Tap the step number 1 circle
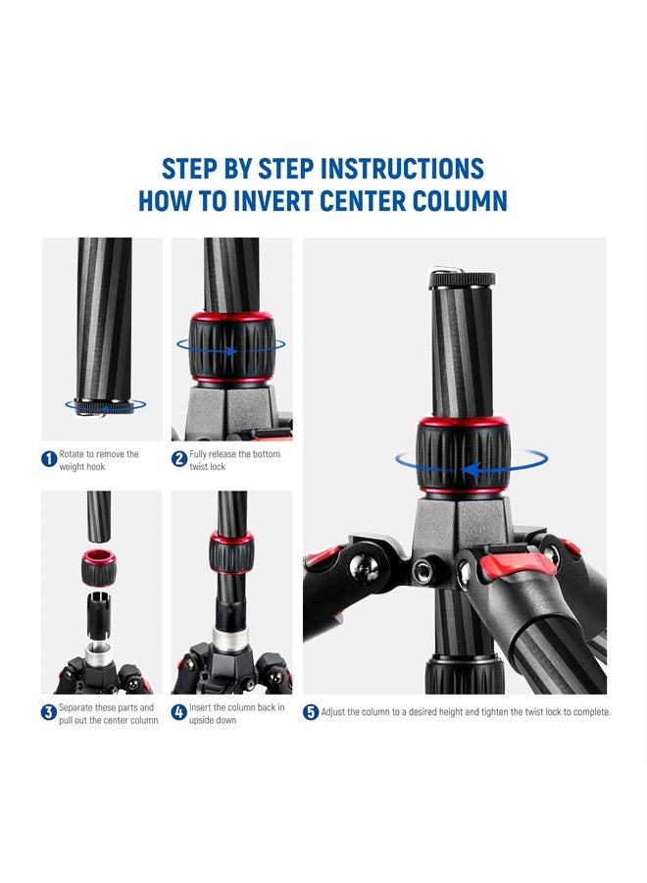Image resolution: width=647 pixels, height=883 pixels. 48,459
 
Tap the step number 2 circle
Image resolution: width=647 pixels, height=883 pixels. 179,459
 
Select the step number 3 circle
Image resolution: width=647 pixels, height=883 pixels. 48,712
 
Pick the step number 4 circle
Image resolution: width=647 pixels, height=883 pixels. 179,712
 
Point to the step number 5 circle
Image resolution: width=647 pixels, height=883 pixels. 311,712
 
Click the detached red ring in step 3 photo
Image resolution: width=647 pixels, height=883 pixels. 100,567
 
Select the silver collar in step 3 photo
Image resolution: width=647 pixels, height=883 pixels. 100,655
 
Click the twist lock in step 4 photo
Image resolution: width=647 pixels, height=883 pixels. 230,554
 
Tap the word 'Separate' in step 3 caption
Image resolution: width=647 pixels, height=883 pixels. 75,707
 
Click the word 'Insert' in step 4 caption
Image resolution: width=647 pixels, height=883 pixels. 201,707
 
